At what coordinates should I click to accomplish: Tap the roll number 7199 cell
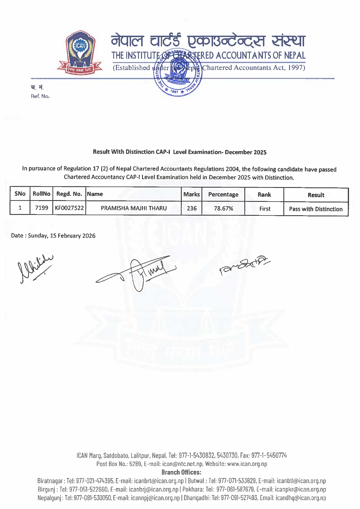click(41, 208)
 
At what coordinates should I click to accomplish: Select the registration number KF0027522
click(69, 208)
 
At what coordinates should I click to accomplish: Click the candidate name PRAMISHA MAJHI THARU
click(134, 208)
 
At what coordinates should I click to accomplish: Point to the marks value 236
click(192, 209)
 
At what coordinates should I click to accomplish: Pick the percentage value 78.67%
click(223, 209)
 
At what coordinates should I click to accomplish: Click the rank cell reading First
click(265, 209)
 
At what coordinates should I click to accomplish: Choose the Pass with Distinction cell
click(316, 209)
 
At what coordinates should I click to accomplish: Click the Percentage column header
click(223, 194)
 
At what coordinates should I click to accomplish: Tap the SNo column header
click(20, 194)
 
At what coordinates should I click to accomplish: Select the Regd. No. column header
click(69, 194)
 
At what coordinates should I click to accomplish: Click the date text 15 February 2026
click(72, 236)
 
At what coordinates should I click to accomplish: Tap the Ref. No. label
click(40, 96)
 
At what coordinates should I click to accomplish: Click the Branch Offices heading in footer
click(181, 472)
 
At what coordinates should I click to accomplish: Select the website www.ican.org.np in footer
click(247, 464)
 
